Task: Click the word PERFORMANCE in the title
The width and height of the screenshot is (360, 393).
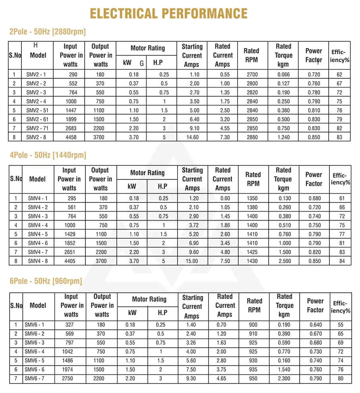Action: click(201, 13)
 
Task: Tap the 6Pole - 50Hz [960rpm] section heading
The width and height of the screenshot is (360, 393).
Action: click(45, 281)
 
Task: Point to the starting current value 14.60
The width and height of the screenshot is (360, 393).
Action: click(192, 137)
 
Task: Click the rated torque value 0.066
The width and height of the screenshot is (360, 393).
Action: click(283, 74)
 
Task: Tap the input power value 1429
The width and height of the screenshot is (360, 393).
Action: click(69, 234)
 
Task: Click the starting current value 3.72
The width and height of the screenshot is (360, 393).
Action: click(192, 225)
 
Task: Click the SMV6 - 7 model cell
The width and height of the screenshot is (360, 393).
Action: click(35, 378)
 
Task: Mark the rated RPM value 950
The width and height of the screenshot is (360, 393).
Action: click(253, 378)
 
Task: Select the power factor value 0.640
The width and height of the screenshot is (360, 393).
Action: click(315, 325)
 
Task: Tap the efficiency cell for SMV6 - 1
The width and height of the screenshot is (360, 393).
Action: click(341, 325)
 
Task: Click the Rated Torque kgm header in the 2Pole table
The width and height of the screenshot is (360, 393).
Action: click(283, 55)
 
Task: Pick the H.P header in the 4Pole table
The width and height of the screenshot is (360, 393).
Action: click(163, 186)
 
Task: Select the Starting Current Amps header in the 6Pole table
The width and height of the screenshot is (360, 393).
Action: click(192, 307)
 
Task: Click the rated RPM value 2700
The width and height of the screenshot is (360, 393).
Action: click(252, 74)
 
